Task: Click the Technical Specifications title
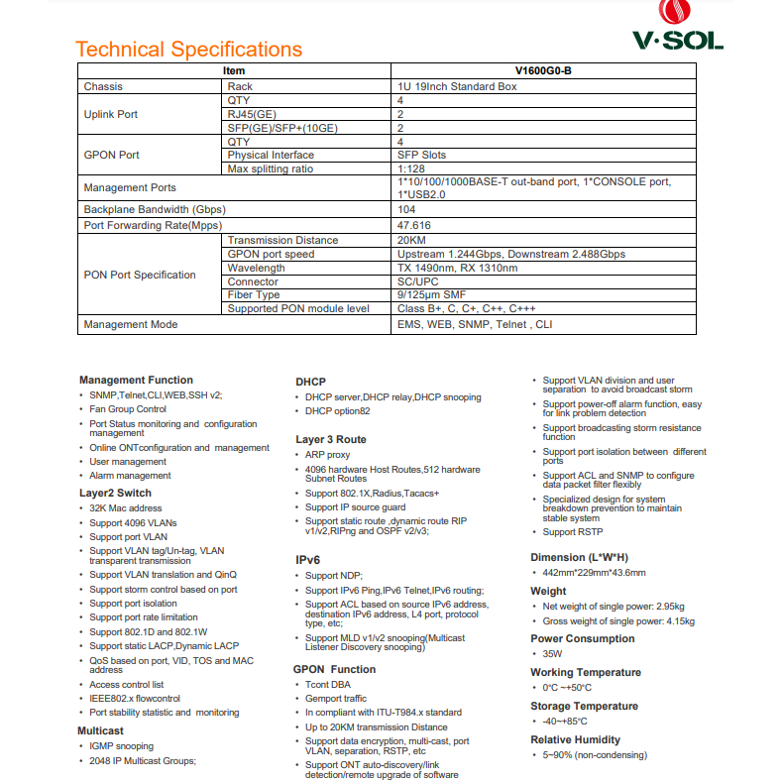(188, 50)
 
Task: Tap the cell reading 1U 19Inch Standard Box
(457, 86)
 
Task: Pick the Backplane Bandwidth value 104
(406, 209)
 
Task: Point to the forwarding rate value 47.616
(413, 225)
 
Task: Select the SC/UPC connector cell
(421, 281)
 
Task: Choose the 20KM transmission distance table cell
(411, 240)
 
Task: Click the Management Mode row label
(131, 324)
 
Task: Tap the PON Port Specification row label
(140, 275)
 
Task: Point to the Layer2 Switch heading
(115, 493)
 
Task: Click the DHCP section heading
(310, 382)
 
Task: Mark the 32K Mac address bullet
(126, 508)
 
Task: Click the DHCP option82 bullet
(337, 411)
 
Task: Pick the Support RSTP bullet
(573, 532)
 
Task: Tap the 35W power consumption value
(552, 654)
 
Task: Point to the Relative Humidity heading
(575, 739)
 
